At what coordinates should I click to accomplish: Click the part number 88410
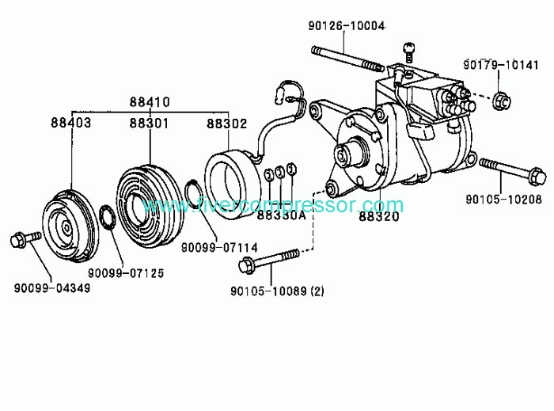pos(150,102)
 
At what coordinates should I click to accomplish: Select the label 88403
pos(71,123)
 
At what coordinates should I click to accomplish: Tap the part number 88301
pos(149,124)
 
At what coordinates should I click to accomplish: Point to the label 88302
pos(227,124)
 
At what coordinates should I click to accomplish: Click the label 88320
pos(379,216)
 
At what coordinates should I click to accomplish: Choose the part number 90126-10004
pos(347,26)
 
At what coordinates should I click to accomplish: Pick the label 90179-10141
pos(501,65)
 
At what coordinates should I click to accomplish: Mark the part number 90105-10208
pos(503,200)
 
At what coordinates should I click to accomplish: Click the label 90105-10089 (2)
pos(277,291)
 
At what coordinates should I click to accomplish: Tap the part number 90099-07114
pos(219,247)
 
